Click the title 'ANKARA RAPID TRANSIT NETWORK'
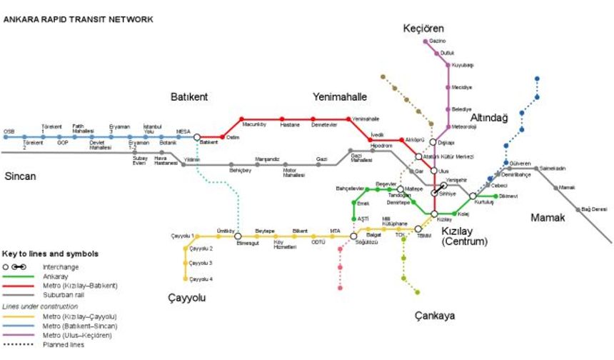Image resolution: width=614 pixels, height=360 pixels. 79,20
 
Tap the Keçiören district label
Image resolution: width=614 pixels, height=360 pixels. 423,29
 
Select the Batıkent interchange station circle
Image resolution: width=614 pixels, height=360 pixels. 197,136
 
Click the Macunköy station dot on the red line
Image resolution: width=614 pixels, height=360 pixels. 242,119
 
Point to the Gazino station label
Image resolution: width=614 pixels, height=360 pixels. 437,41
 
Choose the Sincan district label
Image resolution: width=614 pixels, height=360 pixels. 20,176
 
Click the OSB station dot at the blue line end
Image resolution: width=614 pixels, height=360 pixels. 5,136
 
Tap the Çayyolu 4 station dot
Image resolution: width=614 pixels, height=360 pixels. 186,279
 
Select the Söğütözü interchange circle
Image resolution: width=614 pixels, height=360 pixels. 353,236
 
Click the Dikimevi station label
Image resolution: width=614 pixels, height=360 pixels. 507,196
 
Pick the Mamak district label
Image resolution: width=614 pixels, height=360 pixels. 547,217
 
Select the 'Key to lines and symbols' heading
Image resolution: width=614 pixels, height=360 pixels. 50,254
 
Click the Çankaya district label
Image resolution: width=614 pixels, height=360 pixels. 434,316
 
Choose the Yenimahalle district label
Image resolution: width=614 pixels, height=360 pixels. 339,96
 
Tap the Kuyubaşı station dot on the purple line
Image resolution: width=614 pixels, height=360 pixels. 448,65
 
